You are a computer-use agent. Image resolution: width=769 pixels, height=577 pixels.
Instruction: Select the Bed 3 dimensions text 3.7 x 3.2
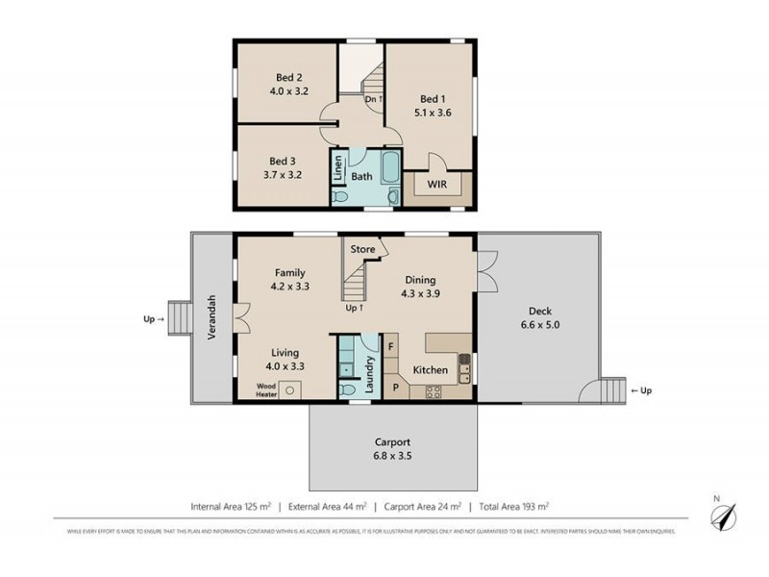point(283,176)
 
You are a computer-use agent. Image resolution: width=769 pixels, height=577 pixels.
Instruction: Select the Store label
point(362,250)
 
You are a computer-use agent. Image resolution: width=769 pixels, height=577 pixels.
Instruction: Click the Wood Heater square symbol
point(292,389)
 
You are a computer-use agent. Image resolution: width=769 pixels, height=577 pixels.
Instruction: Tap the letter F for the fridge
point(390,344)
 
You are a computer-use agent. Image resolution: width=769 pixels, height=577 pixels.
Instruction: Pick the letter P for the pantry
point(394,388)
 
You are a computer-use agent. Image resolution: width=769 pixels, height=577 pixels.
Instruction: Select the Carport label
point(391,442)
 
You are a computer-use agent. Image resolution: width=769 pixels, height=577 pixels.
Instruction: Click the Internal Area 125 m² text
point(230,506)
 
